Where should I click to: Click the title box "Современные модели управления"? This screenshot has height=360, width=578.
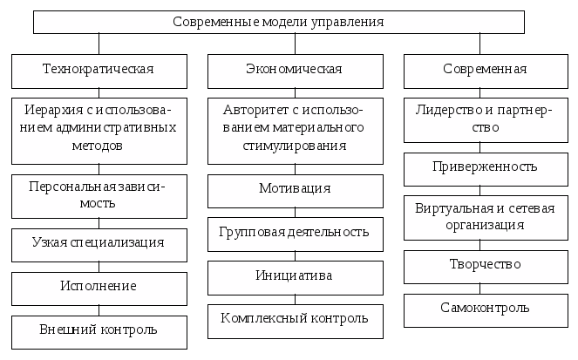278,22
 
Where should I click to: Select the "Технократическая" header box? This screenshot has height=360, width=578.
99,70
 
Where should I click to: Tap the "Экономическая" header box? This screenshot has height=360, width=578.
295,70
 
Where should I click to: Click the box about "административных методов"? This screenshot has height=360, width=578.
99,130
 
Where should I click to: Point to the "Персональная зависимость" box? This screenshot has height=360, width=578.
99,195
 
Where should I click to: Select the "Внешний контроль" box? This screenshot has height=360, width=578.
99,331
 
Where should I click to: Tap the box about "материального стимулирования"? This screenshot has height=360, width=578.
295,130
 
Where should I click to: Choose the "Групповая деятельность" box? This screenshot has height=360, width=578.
295,234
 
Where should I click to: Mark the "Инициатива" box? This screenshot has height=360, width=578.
295,277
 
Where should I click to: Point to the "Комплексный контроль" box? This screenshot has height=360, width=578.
295,320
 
